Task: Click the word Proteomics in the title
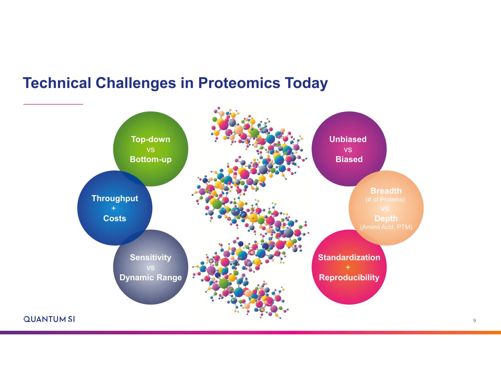239,83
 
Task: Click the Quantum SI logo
49,319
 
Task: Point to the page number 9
474,321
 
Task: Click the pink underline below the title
53,104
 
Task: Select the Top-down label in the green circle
150,139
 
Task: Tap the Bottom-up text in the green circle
150,159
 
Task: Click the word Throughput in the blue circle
115,198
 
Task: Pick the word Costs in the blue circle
115,218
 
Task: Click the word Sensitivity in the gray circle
150,258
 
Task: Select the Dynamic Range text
150,278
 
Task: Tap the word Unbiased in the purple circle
348,139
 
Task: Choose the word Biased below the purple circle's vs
349,159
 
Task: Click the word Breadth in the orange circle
386,191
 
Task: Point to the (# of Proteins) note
385,200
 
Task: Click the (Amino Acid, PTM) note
386,227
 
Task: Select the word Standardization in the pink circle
349,257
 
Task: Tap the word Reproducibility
349,278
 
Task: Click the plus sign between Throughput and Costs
113,208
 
